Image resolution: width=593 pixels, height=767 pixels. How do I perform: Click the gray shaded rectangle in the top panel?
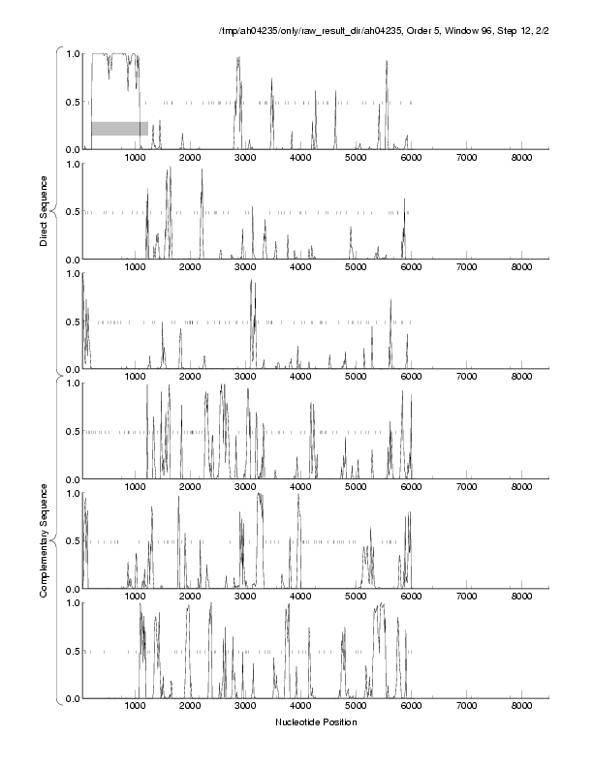[x=119, y=128]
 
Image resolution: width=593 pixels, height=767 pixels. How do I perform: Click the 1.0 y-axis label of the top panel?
[x=74, y=53]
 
